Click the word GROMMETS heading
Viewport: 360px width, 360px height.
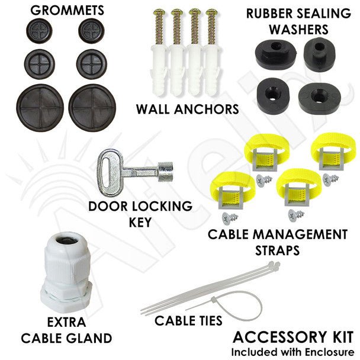click(x=67, y=10)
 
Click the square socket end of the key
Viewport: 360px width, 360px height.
click(x=165, y=172)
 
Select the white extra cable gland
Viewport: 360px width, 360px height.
click(x=66, y=272)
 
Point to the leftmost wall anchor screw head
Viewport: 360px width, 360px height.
click(x=159, y=11)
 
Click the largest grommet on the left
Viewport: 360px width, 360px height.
click(x=40, y=107)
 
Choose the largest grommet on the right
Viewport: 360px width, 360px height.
click(x=92, y=107)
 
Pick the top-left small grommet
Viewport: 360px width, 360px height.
click(x=39, y=31)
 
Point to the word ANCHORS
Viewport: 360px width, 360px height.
click(x=207, y=109)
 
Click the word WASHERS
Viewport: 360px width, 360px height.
click(x=298, y=29)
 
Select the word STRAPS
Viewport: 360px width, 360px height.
click(x=277, y=250)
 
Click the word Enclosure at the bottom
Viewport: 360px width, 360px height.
click(x=329, y=352)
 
